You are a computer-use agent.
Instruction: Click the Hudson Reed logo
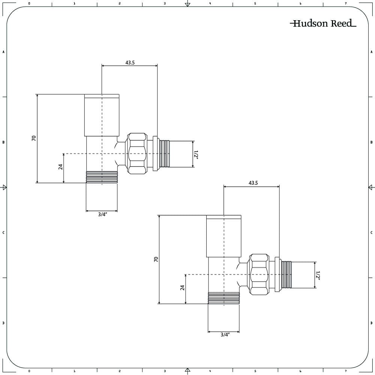323,24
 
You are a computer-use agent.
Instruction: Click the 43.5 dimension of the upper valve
130,63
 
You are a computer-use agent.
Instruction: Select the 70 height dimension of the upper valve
34,138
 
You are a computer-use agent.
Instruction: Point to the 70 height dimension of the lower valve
156,259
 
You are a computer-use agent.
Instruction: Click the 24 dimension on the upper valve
60,167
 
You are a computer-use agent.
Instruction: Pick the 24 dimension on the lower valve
182,288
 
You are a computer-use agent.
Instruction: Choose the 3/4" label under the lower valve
225,335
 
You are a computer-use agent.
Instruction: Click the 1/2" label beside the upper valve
196,154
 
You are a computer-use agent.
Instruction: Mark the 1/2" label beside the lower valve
318,275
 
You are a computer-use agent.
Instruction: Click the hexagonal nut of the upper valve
137,153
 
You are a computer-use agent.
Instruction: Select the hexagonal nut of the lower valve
259,274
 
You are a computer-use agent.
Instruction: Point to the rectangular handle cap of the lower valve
224,236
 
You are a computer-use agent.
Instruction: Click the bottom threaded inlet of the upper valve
102,177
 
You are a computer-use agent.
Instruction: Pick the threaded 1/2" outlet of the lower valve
286,275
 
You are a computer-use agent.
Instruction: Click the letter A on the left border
4,52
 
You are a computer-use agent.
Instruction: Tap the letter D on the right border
371,323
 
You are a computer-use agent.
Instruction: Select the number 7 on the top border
346,3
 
